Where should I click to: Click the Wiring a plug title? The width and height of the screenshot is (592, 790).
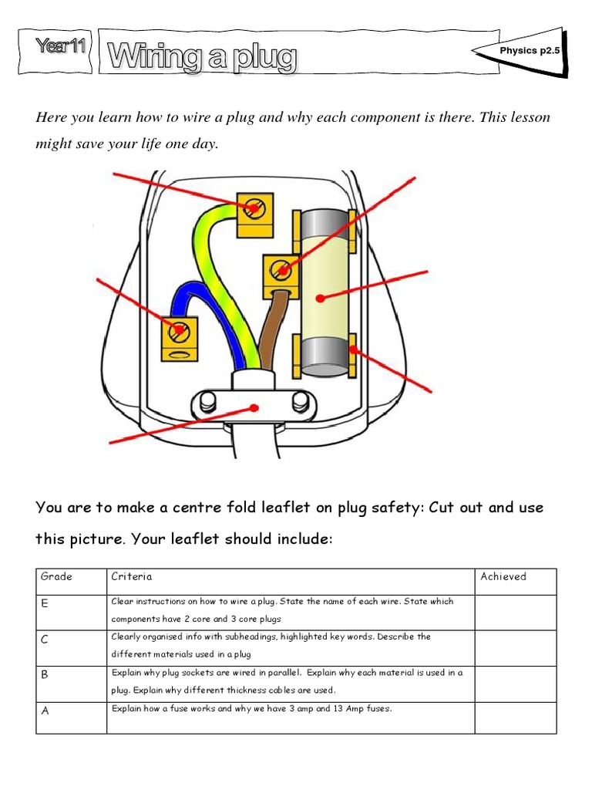click(202, 58)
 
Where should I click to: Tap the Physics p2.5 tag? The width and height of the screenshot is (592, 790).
click(529, 50)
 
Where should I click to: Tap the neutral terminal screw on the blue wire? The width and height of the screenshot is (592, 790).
click(179, 330)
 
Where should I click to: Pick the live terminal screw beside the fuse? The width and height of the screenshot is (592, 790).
click(281, 270)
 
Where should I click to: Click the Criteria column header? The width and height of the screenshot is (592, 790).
click(133, 576)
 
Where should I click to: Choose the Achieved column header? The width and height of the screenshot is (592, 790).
click(503, 576)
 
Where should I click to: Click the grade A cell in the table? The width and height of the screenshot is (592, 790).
click(71, 717)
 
